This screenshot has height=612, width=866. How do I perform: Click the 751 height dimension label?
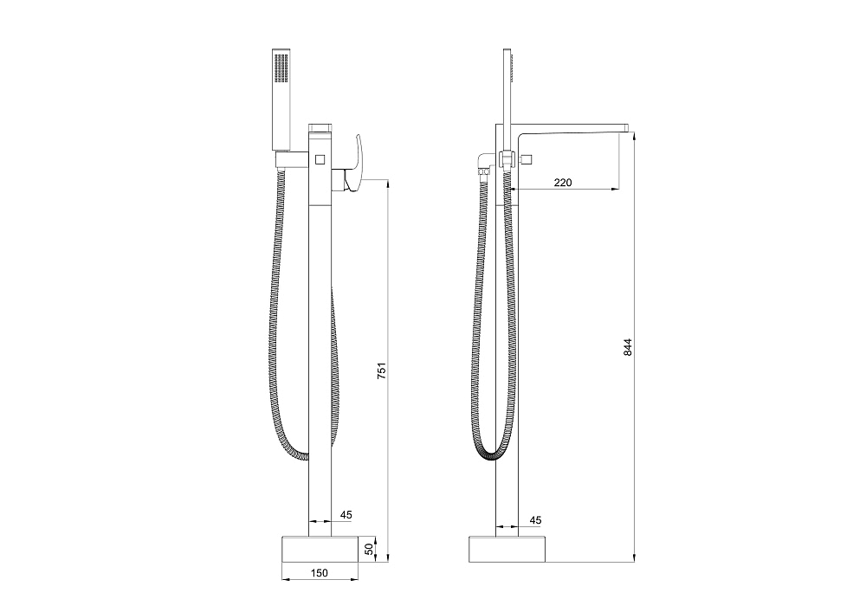click(381, 370)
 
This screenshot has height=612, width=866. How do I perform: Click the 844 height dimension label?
click(627, 347)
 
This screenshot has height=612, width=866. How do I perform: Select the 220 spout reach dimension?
click(563, 182)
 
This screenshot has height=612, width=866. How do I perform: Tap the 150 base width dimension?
click(320, 573)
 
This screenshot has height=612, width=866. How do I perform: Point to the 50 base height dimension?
click(369, 549)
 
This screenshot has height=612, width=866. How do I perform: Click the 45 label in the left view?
click(346, 515)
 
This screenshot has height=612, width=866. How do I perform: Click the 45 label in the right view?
click(535, 520)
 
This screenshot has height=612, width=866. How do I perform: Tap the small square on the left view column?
click(320, 160)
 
